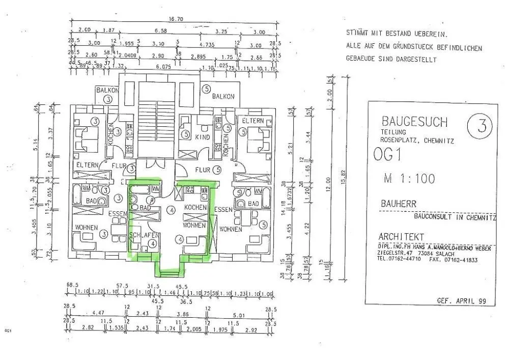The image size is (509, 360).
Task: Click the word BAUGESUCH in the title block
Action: pos(414,122)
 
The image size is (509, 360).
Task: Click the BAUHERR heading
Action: pos(398,204)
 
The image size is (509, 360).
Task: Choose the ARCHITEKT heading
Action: pos(402,237)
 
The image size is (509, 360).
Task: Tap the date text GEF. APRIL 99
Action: pos(462,301)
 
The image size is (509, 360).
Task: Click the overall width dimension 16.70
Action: pos(176,19)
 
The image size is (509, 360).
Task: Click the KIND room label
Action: pos(203,137)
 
